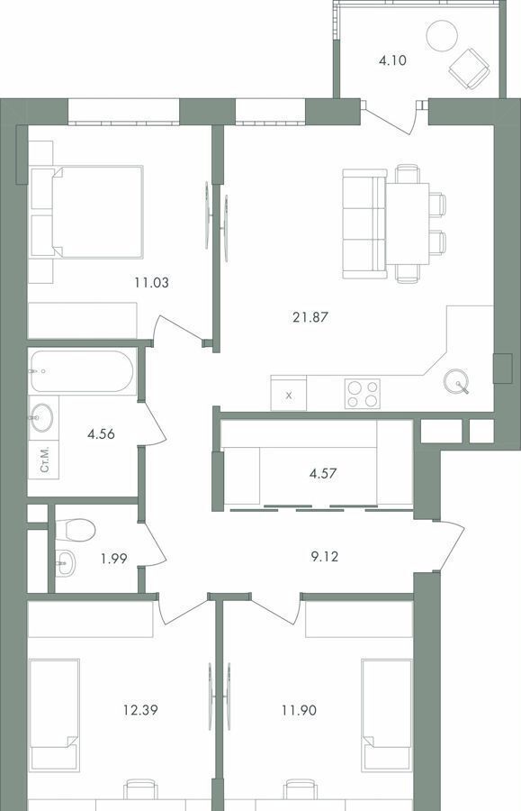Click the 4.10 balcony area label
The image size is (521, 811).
[392, 60]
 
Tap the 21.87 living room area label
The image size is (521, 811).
[310, 317]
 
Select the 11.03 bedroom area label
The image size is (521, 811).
[152, 283]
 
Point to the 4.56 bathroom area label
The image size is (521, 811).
[101, 434]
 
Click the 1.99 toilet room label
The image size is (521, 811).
[113, 559]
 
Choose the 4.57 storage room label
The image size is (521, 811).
[323, 473]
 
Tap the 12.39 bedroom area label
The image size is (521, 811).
[140, 710]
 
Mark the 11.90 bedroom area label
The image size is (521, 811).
[299, 710]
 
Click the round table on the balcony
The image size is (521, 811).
[442, 36]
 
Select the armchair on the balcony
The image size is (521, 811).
[469, 69]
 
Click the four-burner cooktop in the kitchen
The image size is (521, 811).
[363, 394]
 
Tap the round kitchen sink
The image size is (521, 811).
[456, 381]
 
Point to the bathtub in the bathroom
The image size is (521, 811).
[82, 371]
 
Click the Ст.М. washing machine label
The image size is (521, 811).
[45, 460]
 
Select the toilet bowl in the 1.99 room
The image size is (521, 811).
[76, 530]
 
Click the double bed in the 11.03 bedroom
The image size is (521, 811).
[86, 212]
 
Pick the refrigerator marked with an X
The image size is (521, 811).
[289, 394]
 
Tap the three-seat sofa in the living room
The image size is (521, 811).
[364, 223]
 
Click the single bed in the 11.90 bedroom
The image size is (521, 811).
[387, 715]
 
